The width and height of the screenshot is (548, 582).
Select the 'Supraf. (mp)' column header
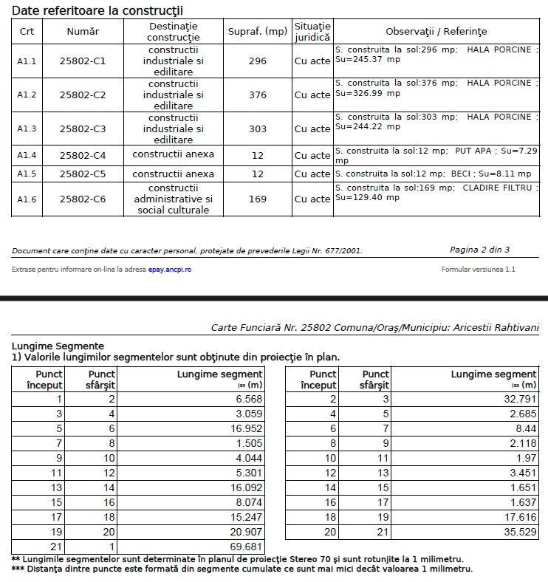[257, 32]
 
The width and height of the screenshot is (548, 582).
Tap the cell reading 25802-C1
[83, 61]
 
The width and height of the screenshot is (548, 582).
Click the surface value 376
[257, 95]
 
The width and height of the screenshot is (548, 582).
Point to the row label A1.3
[27, 129]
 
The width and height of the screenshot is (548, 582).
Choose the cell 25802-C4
[83, 156]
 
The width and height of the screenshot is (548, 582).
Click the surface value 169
[257, 199]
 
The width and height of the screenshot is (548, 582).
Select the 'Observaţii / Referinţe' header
[436, 32]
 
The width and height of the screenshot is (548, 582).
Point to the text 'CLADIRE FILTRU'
[497, 188]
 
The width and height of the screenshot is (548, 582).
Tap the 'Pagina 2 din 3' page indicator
[479, 250]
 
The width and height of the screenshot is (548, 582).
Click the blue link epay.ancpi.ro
[170, 270]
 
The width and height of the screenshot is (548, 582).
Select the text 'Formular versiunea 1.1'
[478, 270]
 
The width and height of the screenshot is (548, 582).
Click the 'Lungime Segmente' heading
[58, 346]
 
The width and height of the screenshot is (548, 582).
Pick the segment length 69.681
[244, 547]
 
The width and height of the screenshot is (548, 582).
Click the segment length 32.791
[518, 399]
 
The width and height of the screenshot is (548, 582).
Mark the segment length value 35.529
[518, 532]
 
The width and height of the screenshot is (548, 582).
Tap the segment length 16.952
[244, 428]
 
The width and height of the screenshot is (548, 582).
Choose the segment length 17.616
[518, 517]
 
